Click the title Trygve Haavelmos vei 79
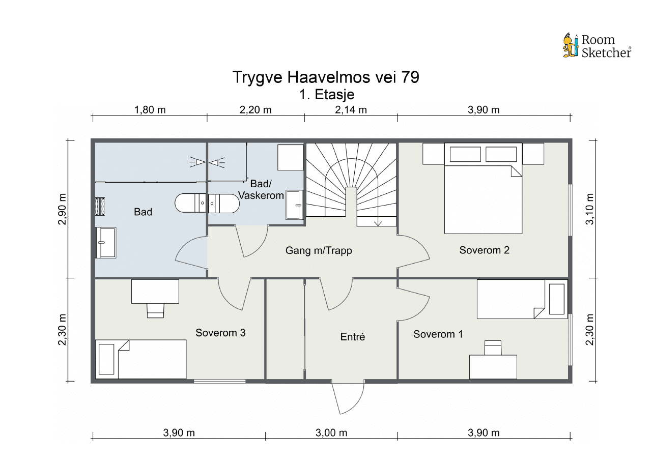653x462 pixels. coord(326,77)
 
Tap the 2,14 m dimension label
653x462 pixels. coord(351,110)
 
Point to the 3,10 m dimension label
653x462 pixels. coord(589,209)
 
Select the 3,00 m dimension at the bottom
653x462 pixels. coord(331,433)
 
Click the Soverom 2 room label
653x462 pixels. coord(484,250)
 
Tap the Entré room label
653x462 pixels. coord(352,337)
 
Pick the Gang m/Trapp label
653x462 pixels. coord(319,250)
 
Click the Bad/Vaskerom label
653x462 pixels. coord(261,189)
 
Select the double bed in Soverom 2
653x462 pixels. coord(483,188)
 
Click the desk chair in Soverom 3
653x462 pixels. coord(155,310)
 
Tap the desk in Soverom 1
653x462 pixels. coord(493,367)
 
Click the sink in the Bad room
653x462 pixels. coord(105,243)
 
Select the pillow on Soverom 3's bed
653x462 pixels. coord(106,359)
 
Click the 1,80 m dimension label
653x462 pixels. coord(150,110)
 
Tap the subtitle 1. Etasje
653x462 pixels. coord(327,95)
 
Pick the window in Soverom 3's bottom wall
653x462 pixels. coord(220,381)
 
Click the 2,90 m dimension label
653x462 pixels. coord(63,209)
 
